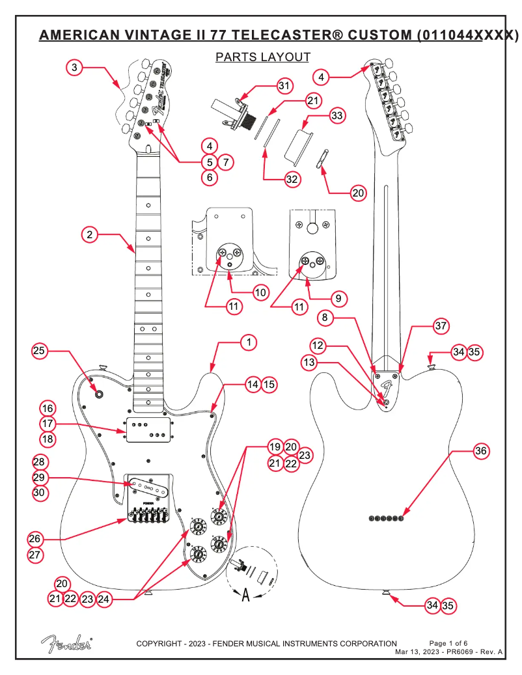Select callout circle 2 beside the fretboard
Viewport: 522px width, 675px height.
[x=90, y=234]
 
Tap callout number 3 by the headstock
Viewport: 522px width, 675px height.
[x=75, y=67]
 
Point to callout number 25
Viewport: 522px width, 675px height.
[x=40, y=352]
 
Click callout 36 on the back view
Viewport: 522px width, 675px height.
[x=480, y=450]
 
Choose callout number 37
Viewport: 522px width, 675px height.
[x=441, y=327]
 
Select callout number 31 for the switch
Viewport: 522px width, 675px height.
[x=283, y=86]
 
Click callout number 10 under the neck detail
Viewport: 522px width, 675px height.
[x=260, y=292]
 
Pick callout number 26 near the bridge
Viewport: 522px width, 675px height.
[x=35, y=539]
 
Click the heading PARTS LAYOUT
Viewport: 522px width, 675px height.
[x=263, y=57]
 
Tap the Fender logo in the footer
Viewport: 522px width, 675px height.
[x=66, y=643]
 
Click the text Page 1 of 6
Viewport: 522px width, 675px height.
[x=448, y=643]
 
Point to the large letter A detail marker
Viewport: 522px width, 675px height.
[x=245, y=595]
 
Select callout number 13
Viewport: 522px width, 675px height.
[x=310, y=361]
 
